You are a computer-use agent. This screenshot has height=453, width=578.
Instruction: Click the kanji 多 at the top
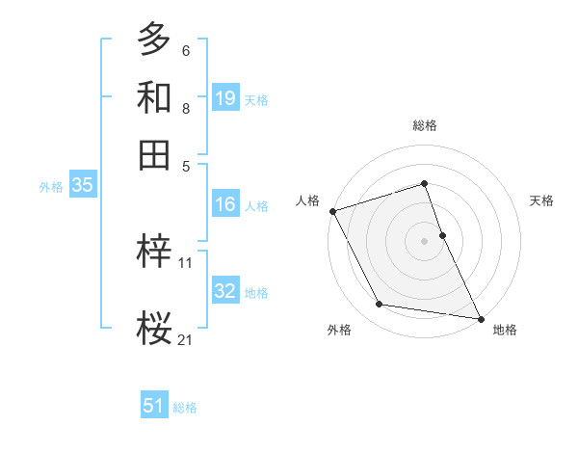point(154,39)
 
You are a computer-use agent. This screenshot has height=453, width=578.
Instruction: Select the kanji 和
point(154,97)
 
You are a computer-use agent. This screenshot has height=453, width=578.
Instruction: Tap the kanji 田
point(154,154)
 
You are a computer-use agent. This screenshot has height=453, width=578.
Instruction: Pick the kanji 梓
point(154,252)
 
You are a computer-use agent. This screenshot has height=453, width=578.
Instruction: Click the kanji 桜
point(154,330)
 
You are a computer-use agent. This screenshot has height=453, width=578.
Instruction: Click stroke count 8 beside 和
point(185,109)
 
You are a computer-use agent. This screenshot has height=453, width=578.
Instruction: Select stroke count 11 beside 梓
point(186,262)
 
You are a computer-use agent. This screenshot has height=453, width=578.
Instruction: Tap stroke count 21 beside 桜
point(186,339)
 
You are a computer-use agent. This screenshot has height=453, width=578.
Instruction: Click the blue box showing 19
point(225,97)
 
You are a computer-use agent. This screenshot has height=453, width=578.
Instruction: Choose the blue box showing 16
point(225,204)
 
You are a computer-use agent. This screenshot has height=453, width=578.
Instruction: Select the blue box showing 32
point(225,291)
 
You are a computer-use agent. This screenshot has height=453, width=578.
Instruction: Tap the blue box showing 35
point(82,186)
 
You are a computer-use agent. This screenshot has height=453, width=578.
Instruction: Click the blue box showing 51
point(154,406)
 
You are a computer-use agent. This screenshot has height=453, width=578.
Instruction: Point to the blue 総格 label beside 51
point(185,408)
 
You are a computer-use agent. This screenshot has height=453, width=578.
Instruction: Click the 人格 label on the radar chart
point(308,200)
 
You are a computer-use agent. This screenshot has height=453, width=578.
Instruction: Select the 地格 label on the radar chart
point(505,330)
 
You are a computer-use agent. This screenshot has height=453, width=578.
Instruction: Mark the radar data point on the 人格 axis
point(332,211)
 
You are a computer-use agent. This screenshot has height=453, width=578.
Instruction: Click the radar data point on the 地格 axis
point(480,318)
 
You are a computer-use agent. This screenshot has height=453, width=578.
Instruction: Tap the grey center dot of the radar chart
point(424,240)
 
